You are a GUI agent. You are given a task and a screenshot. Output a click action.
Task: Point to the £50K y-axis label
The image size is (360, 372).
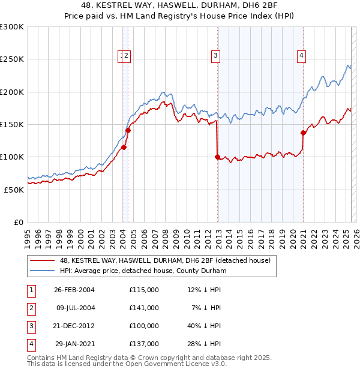pyautogui.click(x=14, y=189)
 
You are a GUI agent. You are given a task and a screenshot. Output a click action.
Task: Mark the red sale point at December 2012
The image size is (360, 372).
pyautogui.click(x=217, y=157)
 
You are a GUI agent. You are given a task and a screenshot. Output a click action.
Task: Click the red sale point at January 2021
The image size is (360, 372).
pyautogui.click(x=303, y=133)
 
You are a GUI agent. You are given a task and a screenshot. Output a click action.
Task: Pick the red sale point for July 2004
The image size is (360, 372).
pyautogui.click(x=128, y=130)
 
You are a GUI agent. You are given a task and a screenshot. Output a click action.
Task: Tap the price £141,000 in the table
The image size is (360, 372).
pyautogui.click(x=144, y=308)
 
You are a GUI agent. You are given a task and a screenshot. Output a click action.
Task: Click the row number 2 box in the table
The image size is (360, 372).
pyautogui.click(x=30, y=308)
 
